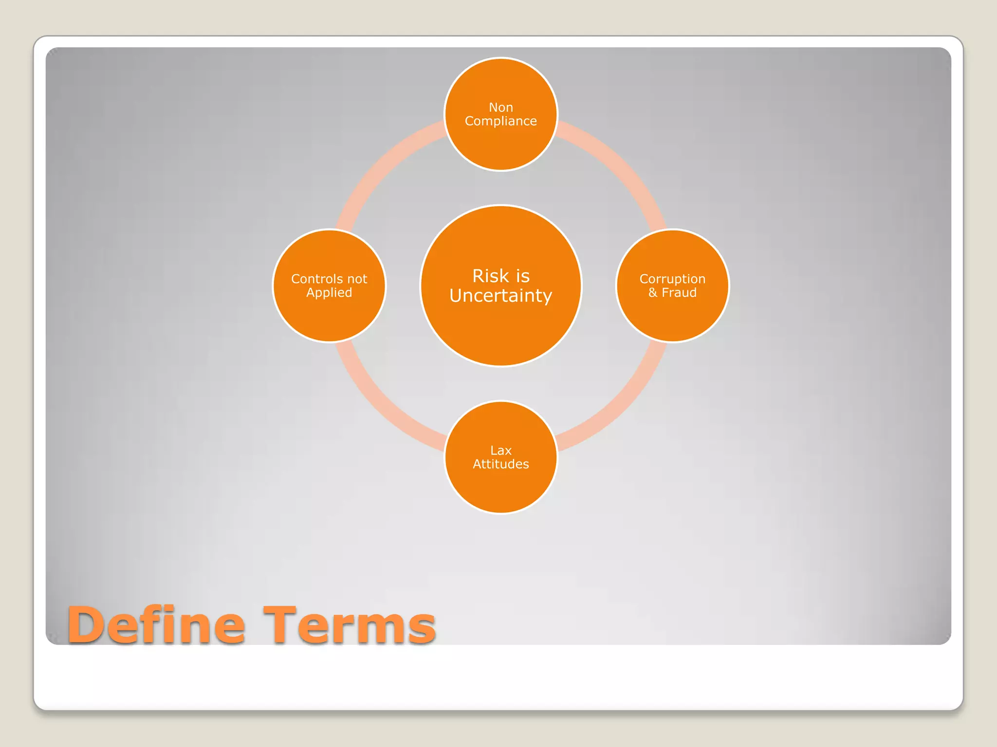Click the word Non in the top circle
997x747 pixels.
(500, 107)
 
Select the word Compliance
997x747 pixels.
(500, 121)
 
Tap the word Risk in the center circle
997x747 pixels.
(490, 276)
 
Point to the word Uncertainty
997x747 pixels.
(500, 296)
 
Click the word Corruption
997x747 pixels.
(672, 279)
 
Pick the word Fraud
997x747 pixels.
(679, 293)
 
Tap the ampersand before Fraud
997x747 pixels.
(653, 293)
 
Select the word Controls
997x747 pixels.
(315, 279)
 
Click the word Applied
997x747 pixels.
(329, 293)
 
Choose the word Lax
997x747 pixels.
(500, 450)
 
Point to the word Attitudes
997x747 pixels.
(500, 464)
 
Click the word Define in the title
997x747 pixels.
(156, 625)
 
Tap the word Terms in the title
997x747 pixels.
(349, 625)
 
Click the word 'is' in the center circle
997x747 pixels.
(522, 276)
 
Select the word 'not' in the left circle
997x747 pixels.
(357, 279)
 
